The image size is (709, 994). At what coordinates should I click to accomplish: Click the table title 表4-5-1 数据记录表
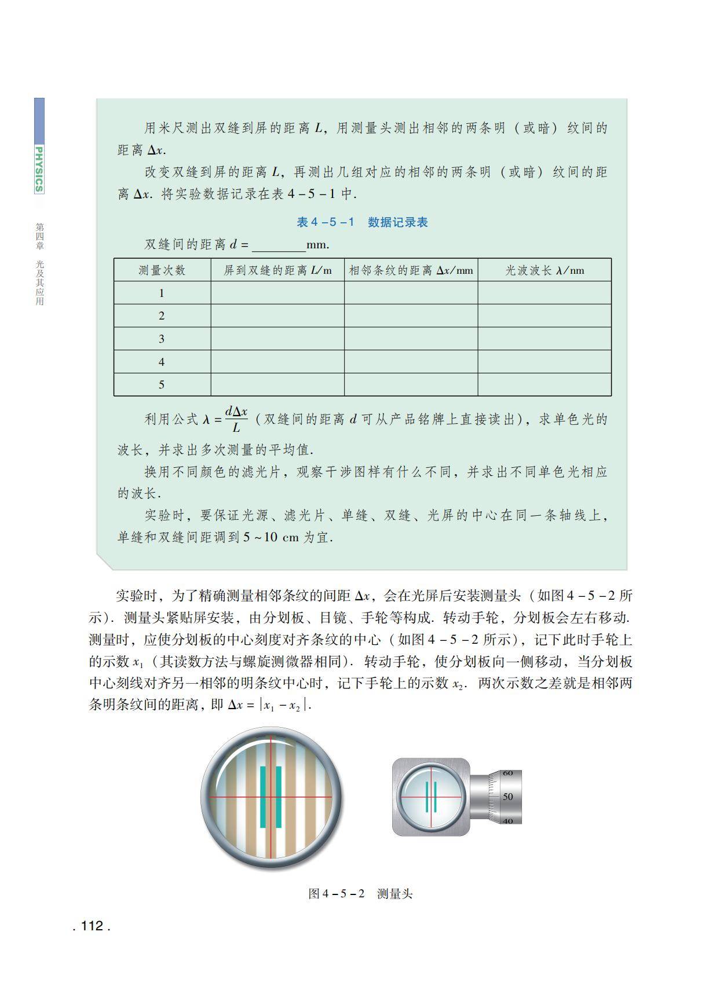pos(362,222)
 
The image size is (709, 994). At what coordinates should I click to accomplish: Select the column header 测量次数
pos(162,270)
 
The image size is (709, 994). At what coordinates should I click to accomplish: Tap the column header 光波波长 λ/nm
pos(544,270)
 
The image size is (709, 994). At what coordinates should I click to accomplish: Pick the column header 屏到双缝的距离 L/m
pos(277,270)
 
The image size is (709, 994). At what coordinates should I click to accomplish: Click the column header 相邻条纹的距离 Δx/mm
pos(411,270)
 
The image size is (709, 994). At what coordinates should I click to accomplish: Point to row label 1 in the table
pos(162,293)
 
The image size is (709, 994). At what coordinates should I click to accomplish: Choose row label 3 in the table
pos(162,339)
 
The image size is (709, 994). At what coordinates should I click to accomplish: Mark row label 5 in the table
pos(162,384)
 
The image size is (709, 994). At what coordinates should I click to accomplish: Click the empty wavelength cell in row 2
pos(544,316)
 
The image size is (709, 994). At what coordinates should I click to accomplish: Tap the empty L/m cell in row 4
pos(277,362)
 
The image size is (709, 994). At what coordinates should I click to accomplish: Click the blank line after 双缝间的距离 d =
pos(279,246)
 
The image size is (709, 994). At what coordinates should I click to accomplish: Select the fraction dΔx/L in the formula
pos(236,419)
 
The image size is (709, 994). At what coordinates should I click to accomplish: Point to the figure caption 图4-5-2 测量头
pos(360,893)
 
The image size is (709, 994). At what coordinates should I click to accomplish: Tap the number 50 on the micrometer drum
pos(508,797)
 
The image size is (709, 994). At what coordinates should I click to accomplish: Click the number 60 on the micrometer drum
pos(508,773)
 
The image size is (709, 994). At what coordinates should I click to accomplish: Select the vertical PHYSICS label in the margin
pos(39,168)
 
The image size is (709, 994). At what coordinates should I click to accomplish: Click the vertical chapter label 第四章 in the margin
pos(39,236)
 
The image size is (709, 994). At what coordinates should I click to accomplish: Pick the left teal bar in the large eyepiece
pos(263,797)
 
